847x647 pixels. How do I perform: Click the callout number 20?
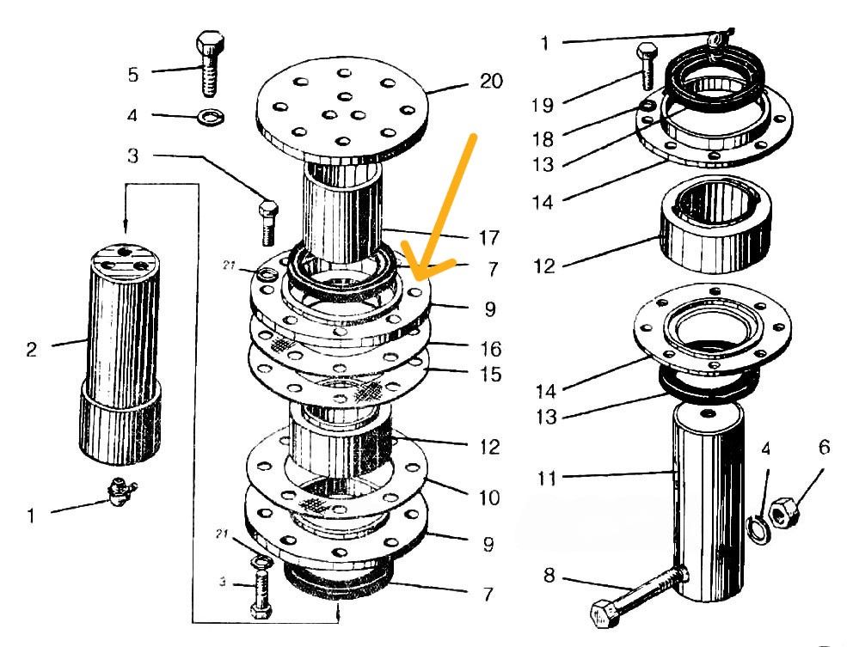tap(491, 82)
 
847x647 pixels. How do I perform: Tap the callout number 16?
tap(491, 350)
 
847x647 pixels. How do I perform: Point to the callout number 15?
tap(491, 375)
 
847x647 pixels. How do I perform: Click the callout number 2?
tap(32, 349)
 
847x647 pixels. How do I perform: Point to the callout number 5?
tap(132, 75)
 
